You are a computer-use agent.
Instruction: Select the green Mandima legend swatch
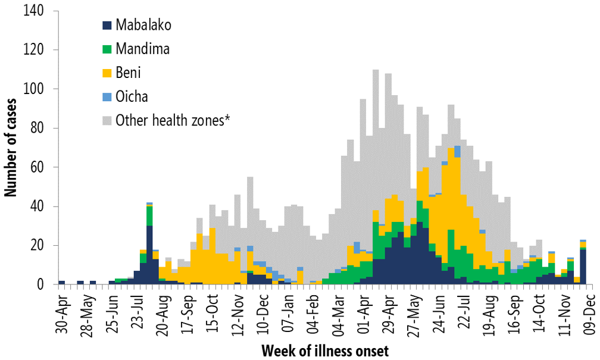(107, 49)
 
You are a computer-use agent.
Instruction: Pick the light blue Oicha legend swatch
(107, 96)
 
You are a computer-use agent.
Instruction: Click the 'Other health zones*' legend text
(173, 120)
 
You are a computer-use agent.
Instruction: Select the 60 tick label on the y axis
(39, 167)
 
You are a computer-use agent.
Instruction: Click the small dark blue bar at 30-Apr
(62, 283)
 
